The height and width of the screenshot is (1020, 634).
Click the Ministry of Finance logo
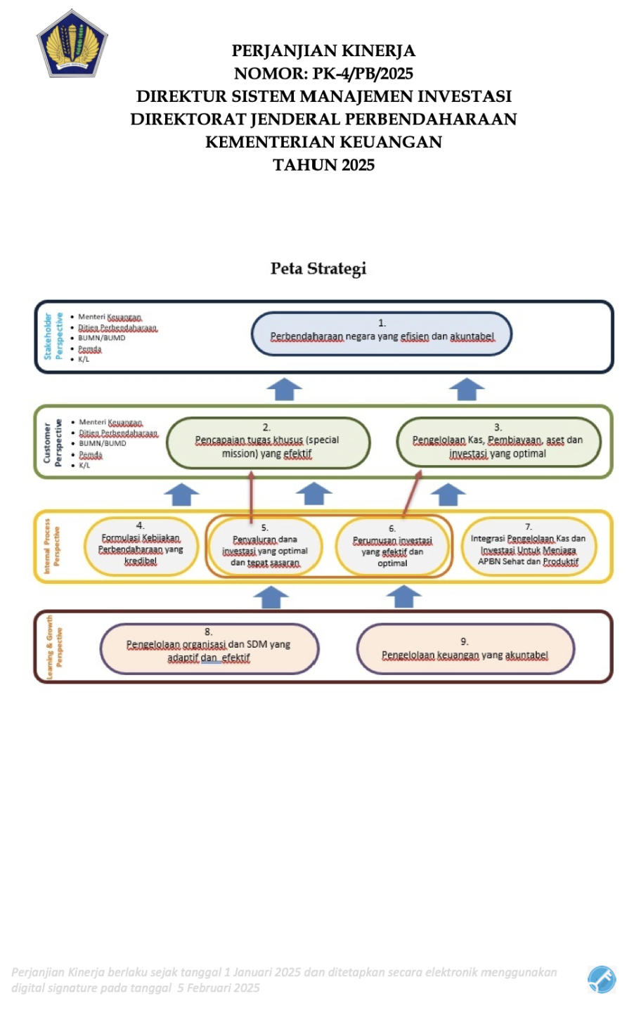[x=72, y=43]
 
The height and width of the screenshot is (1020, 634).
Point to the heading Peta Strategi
[x=318, y=268]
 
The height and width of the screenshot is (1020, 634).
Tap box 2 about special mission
[x=267, y=443]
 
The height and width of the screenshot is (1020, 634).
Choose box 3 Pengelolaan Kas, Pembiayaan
[x=498, y=443]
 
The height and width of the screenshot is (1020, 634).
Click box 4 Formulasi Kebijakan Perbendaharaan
[x=141, y=546]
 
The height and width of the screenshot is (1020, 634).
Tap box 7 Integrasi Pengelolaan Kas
[x=529, y=546]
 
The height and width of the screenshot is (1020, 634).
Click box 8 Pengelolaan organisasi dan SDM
[x=209, y=648]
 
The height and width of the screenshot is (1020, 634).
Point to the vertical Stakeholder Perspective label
[x=53, y=336]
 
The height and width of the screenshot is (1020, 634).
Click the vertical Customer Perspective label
[x=53, y=443]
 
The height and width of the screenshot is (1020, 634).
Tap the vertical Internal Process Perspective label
[x=52, y=546]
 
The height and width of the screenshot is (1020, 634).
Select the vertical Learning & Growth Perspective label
[x=54, y=647]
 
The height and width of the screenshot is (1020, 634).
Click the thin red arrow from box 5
[x=251, y=495]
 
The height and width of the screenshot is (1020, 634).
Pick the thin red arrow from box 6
[x=412, y=494]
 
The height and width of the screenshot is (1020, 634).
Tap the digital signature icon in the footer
[x=602, y=979]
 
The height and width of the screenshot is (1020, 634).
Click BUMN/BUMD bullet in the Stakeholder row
[x=101, y=338]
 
